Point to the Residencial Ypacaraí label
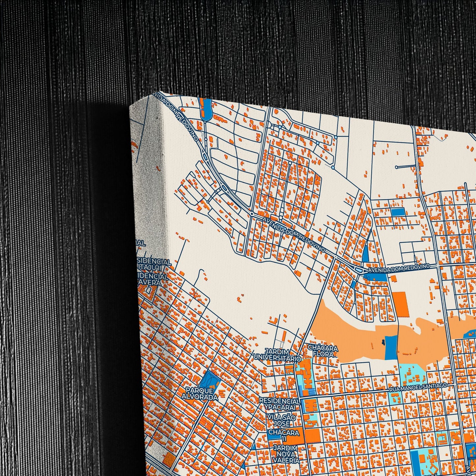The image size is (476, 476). tap(280, 404)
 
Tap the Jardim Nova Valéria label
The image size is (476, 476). tap(285, 454)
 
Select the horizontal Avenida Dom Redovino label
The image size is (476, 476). tap(399, 268)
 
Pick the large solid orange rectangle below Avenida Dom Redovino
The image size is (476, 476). tap(400, 303)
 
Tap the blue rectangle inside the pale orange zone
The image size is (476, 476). tap(391, 348)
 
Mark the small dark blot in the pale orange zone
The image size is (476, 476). tap(383, 342)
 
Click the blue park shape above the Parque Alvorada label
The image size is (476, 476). tap(210, 379)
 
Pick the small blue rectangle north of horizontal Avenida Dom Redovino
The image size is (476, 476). tap(398, 212)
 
